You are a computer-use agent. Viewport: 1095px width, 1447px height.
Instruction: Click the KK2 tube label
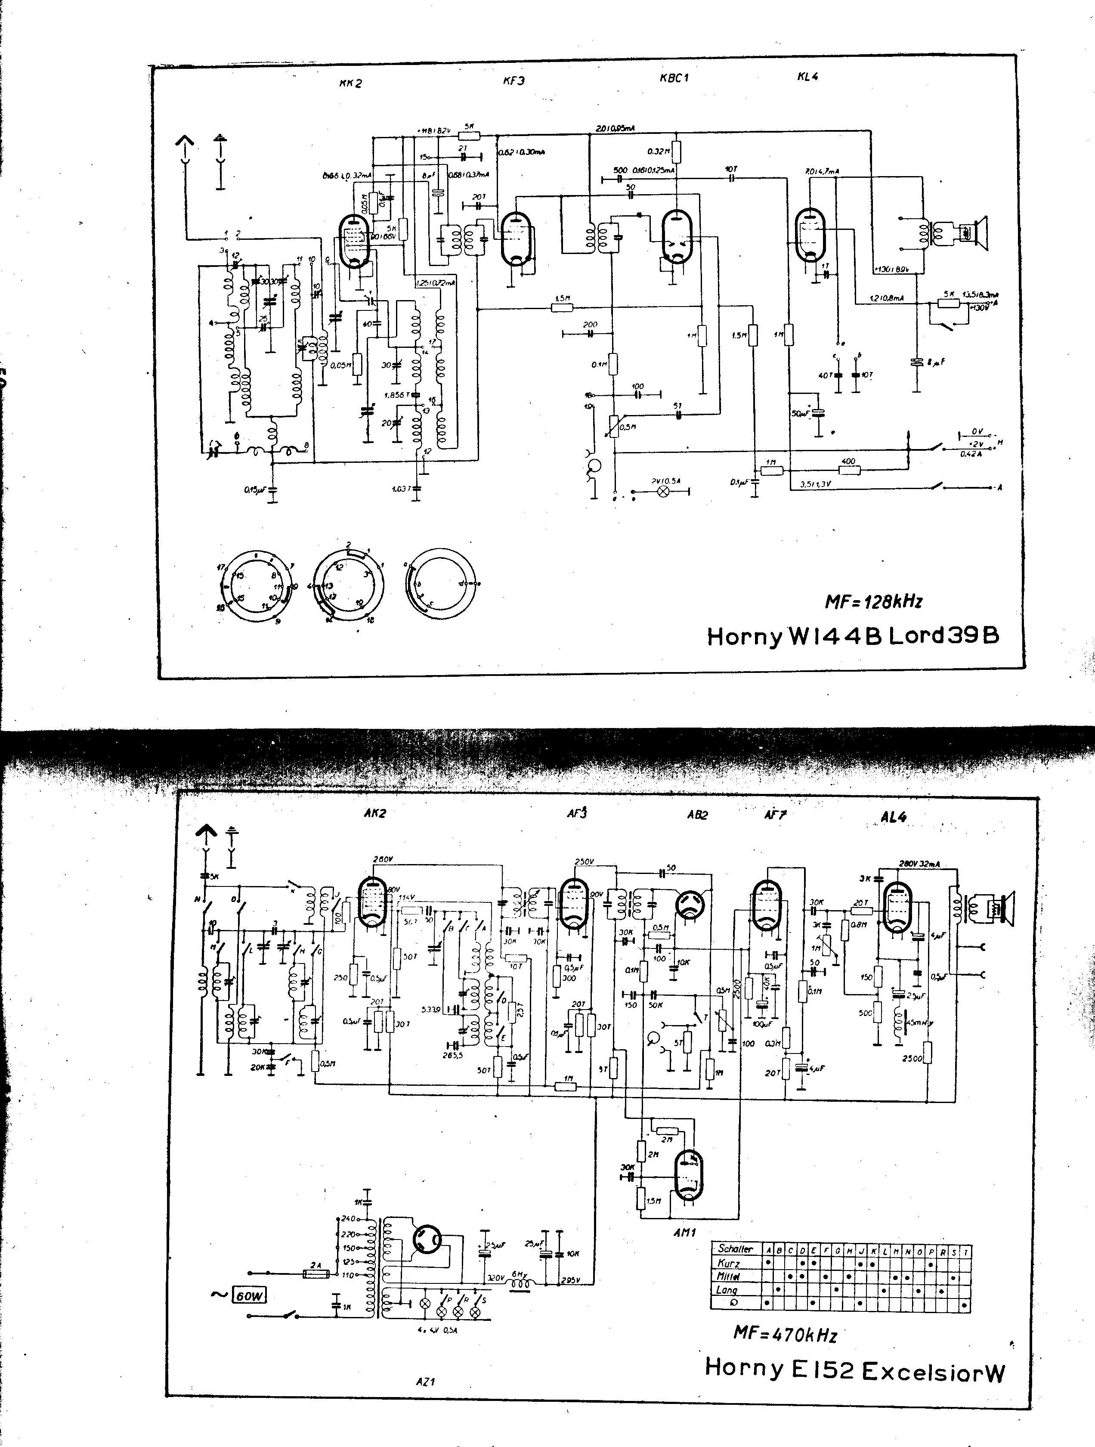pyautogui.click(x=351, y=83)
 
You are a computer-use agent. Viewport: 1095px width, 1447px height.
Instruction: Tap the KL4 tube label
pyautogui.click(x=808, y=77)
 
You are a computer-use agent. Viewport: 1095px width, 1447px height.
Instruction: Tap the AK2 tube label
pyautogui.click(x=375, y=813)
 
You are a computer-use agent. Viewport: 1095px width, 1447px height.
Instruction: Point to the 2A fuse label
pyautogui.click(x=317, y=1265)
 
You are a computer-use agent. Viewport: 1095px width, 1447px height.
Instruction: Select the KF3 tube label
pyautogui.click(x=513, y=81)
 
